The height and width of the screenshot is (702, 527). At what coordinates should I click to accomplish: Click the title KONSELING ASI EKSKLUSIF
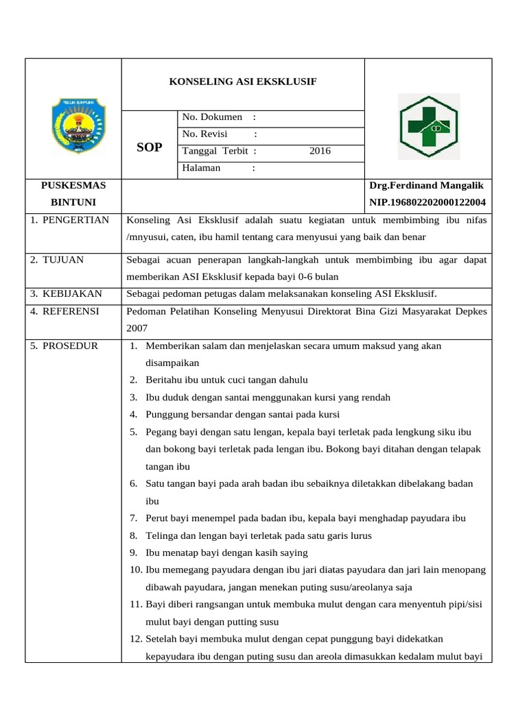[243, 82]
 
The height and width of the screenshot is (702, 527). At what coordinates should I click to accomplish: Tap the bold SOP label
[150, 147]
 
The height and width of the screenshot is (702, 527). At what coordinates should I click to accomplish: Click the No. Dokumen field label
[212, 117]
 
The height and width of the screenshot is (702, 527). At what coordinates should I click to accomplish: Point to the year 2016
[320, 152]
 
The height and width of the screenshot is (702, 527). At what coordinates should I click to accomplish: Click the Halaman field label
[201, 168]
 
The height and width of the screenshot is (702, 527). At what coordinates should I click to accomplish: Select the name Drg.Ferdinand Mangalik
[426, 186]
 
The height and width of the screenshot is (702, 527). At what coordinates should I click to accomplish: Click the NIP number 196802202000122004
[428, 202]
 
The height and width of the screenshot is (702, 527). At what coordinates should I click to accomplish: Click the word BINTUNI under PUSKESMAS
[73, 202]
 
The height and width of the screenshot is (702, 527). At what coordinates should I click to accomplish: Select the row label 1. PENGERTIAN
[69, 220]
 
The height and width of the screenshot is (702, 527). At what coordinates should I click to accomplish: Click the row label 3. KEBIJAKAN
[66, 294]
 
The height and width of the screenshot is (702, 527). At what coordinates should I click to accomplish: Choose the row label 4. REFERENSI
[65, 311]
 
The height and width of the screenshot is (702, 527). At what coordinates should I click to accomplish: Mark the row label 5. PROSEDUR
[64, 346]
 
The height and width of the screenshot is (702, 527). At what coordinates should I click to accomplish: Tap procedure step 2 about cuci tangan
[226, 380]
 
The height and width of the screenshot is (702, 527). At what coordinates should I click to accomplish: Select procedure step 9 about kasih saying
[226, 553]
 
